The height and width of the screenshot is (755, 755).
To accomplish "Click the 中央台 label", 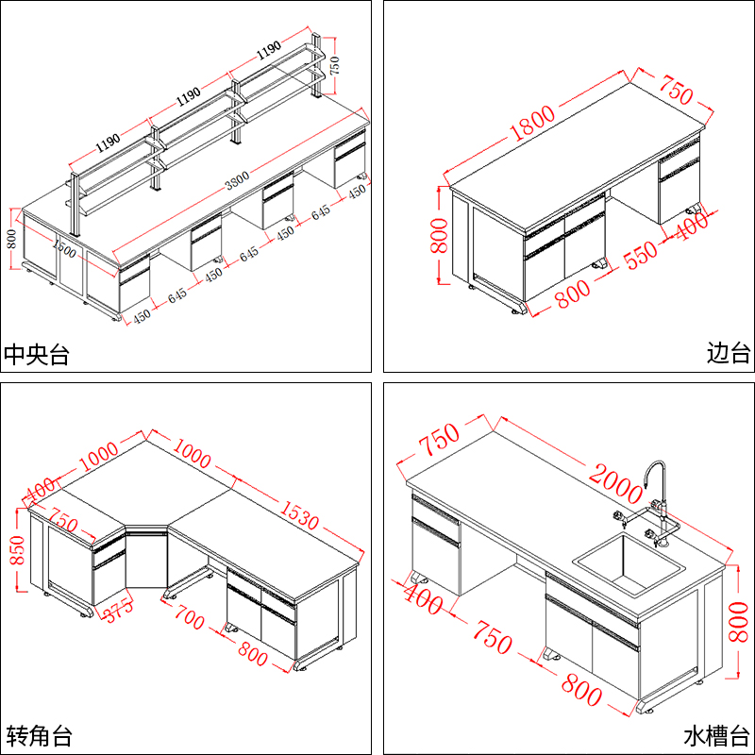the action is pos(38,355).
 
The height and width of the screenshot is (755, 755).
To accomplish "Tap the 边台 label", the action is pos(728,354).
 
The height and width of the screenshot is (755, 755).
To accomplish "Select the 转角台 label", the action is pos(39,734).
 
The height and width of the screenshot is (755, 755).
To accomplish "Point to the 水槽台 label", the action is pos(716,734).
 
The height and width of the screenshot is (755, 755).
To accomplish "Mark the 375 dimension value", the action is pos(120,613).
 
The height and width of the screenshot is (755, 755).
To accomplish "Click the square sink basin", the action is pos(629,564).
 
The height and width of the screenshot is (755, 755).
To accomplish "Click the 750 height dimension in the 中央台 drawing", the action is pos(333,65).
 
